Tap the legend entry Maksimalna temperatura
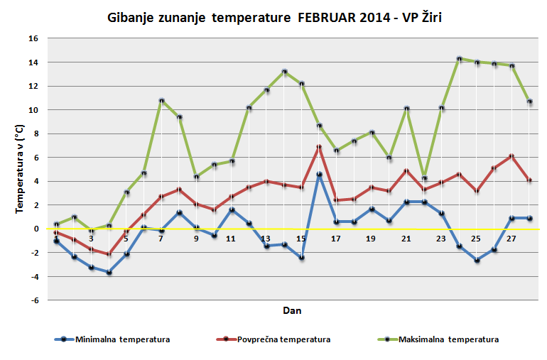tap(448, 339)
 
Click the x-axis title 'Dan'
tap(292, 310)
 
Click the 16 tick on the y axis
tap(33, 38)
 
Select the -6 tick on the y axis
tap(33, 300)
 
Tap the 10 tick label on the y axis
tap(33, 110)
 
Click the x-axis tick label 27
tap(511, 239)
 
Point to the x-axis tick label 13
tap(266, 239)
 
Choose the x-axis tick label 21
tap(406, 239)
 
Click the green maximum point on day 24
tap(459, 59)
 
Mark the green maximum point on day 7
tap(161, 101)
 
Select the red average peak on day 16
tap(319, 147)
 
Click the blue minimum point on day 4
tap(109, 272)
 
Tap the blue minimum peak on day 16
tap(319, 174)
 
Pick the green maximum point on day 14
tap(284, 72)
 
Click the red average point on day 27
tap(511, 156)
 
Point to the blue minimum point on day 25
tap(477, 260)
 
